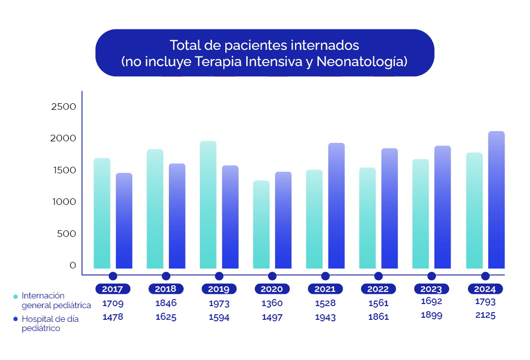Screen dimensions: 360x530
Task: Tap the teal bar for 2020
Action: click(261, 225)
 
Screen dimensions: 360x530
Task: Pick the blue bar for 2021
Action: click(336, 206)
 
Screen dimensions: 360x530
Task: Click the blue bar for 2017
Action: click(124, 221)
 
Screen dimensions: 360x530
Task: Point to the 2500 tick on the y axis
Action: click(64, 107)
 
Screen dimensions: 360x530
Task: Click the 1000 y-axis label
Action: click(64, 202)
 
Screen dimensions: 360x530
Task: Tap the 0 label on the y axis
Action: click(72, 265)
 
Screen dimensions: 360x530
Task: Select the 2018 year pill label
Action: click(166, 289)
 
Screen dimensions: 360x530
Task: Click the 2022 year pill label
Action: click(378, 289)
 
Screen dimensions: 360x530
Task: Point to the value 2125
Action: click(485, 315)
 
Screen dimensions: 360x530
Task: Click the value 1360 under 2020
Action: click(272, 304)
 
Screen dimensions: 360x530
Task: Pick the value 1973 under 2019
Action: click(219, 304)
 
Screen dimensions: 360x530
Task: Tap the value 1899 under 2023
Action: click(431, 315)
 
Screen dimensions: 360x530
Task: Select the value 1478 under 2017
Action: click(113, 317)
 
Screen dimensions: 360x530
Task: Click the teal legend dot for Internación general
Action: click(15, 296)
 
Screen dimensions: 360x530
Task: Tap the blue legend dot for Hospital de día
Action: click(15, 319)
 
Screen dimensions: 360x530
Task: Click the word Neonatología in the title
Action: click(362, 62)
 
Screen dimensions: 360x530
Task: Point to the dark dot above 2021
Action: click(326, 276)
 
